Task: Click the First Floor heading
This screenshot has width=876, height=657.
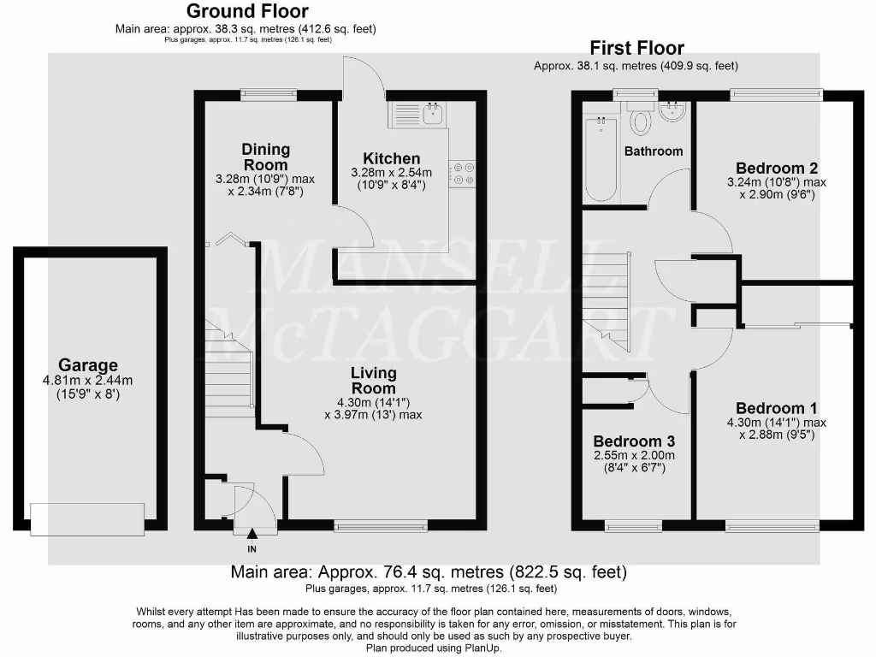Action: coord(636,48)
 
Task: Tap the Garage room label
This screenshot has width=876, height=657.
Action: coord(88,365)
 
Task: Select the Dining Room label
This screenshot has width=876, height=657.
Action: coord(266,157)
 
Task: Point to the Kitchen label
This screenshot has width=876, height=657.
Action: coord(392,158)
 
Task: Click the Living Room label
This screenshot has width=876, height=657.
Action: coord(373,381)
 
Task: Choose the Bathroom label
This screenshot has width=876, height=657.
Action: coord(654,151)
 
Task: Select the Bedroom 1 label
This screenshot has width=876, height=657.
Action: coord(777,408)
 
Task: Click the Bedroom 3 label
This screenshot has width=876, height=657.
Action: coord(635,441)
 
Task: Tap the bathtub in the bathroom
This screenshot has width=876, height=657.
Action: coord(600,159)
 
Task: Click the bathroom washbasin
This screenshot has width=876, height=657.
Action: coord(675,112)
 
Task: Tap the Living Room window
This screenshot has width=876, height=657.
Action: coord(380,526)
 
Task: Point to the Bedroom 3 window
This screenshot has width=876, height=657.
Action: coord(633,526)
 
